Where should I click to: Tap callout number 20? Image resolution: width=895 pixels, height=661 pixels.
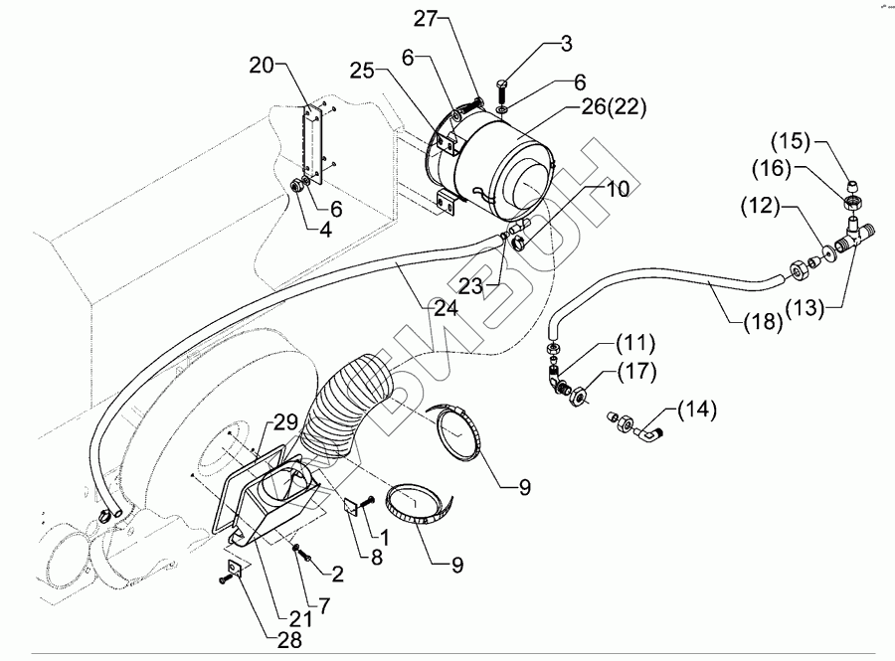(262, 66)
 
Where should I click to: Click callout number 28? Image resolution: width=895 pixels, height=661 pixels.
(289, 640)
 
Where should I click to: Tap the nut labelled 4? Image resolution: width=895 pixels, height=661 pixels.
(298, 185)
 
